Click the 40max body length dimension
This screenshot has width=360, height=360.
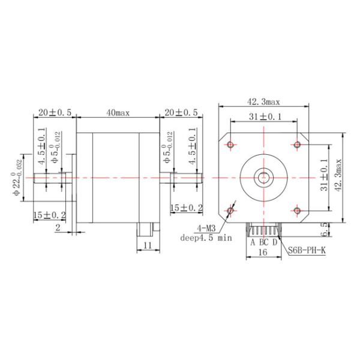[118, 113]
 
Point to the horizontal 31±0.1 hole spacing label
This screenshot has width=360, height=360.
[264, 117]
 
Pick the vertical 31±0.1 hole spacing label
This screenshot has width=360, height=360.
[324, 176]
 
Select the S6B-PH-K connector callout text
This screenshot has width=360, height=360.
[307, 251]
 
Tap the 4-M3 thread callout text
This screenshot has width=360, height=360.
[206, 229]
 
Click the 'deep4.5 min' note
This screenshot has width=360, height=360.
[206, 238]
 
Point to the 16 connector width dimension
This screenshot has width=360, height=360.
[262, 254]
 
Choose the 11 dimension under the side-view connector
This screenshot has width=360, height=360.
[148, 245]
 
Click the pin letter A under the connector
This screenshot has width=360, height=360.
[253, 242]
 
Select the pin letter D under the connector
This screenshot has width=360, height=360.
[275, 242]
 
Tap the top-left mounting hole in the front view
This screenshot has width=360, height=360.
[231, 144]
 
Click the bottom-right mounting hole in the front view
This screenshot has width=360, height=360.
[297, 210]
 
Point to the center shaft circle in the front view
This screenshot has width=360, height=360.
[264, 177]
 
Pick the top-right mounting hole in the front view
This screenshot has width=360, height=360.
[297, 144]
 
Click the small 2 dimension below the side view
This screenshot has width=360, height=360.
[58, 227]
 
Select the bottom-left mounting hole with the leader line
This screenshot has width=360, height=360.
[231, 210]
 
